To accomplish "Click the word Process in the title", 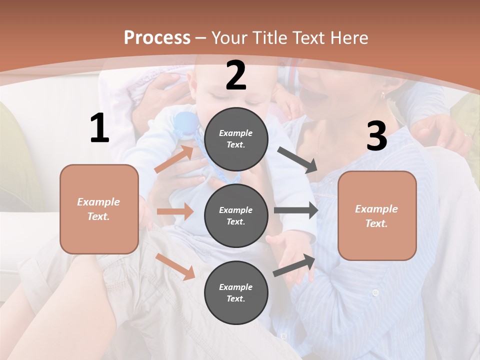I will point(157,37).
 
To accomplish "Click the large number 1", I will point(99,128).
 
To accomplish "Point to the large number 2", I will point(236,76).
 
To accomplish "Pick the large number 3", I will point(376,136).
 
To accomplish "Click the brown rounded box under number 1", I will point(99,209).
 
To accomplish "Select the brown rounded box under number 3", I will point(377,215).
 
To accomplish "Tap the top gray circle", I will point(236,139).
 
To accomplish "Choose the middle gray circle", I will point(236,215).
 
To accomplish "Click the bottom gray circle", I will point(236,292).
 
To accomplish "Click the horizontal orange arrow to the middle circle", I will point(175,211).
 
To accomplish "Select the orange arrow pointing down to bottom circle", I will point(175,266).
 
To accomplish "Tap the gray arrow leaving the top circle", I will point(297,160).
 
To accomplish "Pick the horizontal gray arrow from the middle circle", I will point(296,210).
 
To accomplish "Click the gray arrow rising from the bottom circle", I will point(294,265).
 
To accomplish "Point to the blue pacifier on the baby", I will point(185,123).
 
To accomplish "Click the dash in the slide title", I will point(200,38).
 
